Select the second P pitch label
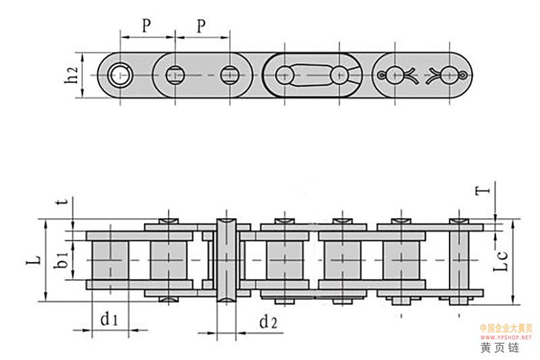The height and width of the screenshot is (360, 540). point(200,25)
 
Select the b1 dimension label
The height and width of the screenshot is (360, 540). point(63,259)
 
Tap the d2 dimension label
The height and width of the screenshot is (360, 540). point(269,322)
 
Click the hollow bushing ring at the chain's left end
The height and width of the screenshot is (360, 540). point(122,74)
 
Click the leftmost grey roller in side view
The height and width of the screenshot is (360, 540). point(107,259)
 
